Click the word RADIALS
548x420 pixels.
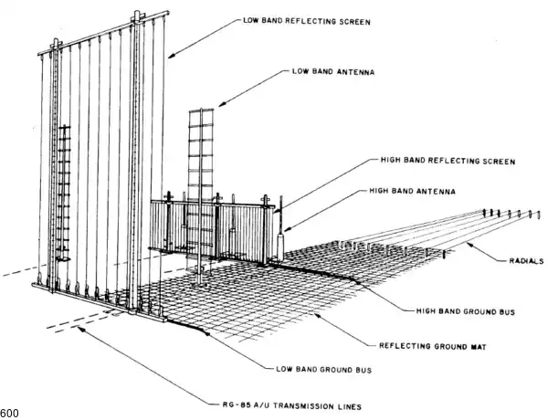[525, 260]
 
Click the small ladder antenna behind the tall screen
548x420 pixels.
[63, 192]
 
